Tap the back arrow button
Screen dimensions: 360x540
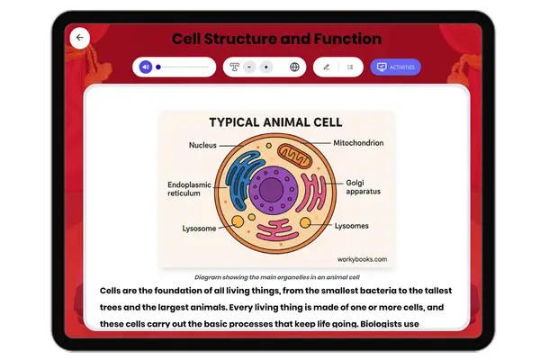80,38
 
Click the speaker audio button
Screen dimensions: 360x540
145,67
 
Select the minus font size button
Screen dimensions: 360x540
249,67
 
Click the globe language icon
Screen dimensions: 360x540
294,67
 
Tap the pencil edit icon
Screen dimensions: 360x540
326,67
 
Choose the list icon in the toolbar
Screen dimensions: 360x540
350,67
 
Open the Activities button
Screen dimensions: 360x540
395,67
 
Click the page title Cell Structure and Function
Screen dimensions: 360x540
276,39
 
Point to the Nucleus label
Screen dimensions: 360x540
202,145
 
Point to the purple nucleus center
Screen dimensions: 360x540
269,190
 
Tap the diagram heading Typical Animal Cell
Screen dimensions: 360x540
269,122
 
